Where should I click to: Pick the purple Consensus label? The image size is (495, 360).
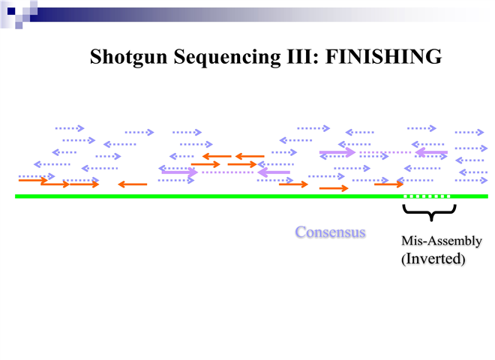click(x=330, y=232)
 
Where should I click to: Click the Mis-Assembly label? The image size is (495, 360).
click(x=441, y=241)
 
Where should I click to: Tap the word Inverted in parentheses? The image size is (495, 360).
click(x=433, y=259)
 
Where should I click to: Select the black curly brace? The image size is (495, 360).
click(x=429, y=212)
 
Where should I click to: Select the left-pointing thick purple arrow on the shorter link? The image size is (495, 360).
click(x=274, y=172)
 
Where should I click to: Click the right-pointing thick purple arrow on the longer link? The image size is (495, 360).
click(x=337, y=153)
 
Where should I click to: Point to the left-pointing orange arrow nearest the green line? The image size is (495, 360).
click(x=132, y=184)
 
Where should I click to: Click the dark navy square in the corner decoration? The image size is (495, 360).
click(x=10, y=10)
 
